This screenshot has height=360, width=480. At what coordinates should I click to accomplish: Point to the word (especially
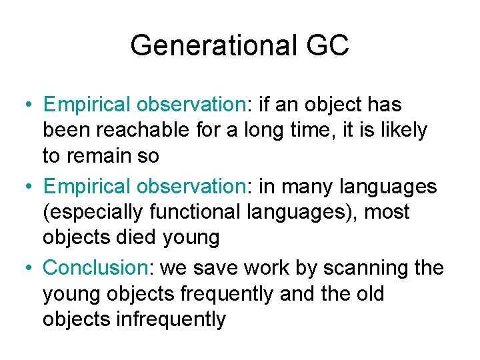click(x=93, y=212)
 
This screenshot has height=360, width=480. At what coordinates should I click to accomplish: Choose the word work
click(x=253, y=267)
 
